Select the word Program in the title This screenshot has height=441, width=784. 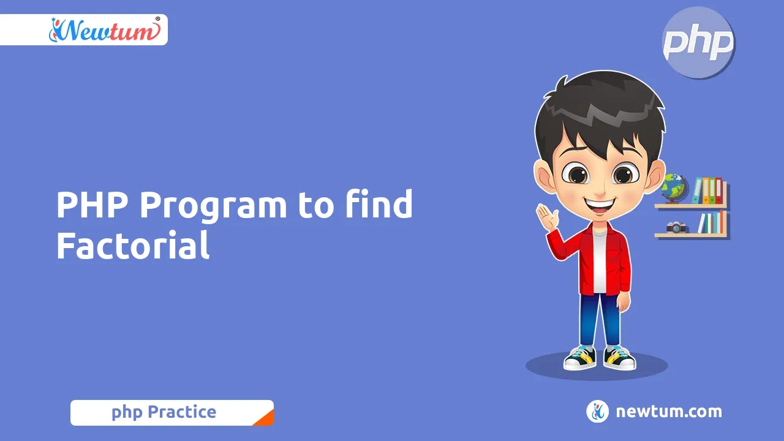213,206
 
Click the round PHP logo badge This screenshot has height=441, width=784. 698,43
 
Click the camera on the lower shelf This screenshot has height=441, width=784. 676,227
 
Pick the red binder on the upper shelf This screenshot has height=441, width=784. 718,190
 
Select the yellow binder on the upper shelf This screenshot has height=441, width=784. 706,190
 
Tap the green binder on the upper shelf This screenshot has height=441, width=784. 712,190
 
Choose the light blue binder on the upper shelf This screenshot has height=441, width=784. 698,190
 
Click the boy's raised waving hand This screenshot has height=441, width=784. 546,216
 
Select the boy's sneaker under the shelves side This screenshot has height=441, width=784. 619,358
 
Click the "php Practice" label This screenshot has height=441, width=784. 164,412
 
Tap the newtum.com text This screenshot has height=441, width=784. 668,412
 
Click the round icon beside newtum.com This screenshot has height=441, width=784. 597,412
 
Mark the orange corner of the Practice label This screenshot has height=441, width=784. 265,418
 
